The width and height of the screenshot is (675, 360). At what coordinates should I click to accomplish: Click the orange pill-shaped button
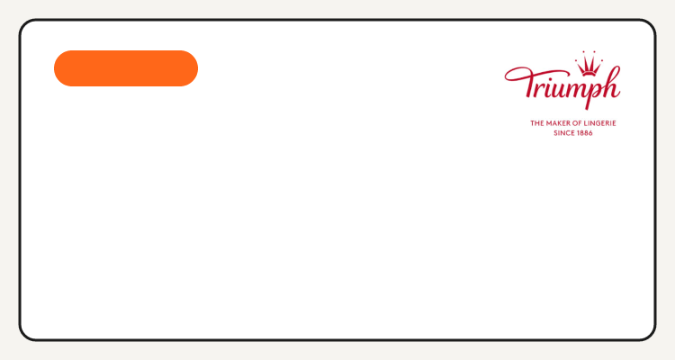pyautogui.click(x=126, y=68)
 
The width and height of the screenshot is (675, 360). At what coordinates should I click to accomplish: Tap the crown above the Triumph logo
pyautogui.click(x=589, y=64)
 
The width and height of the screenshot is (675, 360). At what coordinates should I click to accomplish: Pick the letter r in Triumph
pyautogui.click(x=538, y=89)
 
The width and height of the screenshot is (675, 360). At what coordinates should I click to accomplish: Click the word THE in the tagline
pyautogui.click(x=536, y=123)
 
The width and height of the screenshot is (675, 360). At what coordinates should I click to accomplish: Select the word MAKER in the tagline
pyautogui.click(x=558, y=123)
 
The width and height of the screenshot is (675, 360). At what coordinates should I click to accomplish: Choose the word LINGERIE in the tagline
pyautogui.click(x=599, y=123)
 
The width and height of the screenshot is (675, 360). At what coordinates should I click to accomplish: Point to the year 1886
pyautogui.click(x=585, y=133)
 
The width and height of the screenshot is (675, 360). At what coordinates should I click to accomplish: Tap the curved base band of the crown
pyautogui.click(x=589, y=74)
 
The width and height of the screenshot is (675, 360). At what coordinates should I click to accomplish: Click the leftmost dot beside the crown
pyautogui.click(x=576, y=61)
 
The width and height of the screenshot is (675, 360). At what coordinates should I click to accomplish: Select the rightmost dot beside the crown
pyautogui.click(x=601, y=61)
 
